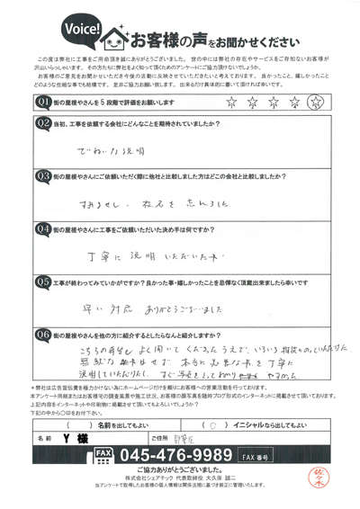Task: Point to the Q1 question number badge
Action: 41,103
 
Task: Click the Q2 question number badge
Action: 41,122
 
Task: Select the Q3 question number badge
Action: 41,176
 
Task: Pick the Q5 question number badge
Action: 41,281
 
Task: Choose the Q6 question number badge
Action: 41,335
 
